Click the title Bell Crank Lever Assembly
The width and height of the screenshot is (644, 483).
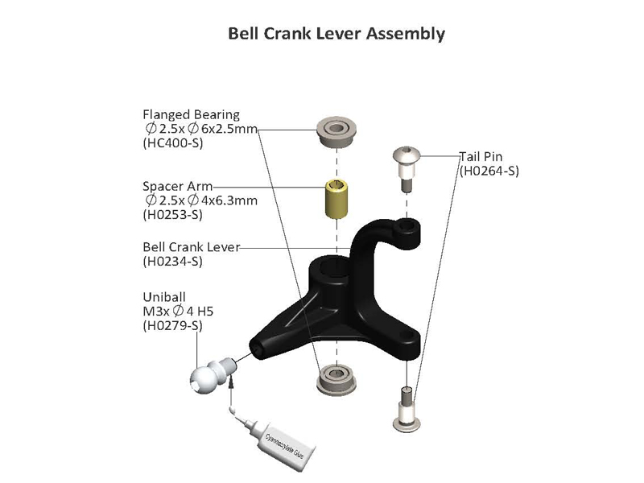(336, 34)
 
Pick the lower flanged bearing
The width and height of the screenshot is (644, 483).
(336, 379)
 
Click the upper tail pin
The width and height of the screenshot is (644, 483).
(407, 167)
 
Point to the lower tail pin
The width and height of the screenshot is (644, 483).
(407, 409)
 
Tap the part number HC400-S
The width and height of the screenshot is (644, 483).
(173, 143)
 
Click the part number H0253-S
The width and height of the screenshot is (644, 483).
(172, 214)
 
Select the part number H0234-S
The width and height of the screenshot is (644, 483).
(172, 261)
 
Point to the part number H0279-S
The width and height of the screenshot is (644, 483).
(172, 326)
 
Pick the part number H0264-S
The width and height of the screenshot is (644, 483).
(489, 171)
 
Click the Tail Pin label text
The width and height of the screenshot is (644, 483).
(481, 156)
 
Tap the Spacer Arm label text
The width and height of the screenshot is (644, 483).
(177, 186)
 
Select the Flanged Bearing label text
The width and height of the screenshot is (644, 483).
(191, 114)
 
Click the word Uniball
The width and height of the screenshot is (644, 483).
(164, 297)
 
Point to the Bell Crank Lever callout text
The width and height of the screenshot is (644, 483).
(191, 247)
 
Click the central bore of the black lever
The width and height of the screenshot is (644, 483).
(335, 267)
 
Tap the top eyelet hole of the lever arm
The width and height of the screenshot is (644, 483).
(407, 225)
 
